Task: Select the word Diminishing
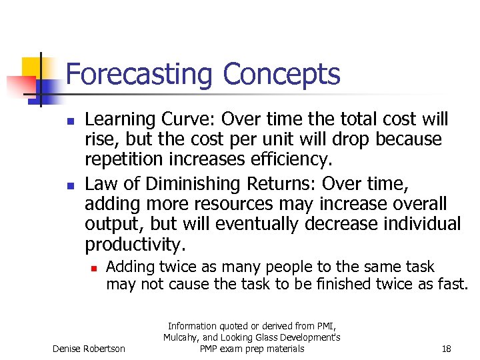coord(187,183)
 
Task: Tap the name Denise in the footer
coord(69,349)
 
